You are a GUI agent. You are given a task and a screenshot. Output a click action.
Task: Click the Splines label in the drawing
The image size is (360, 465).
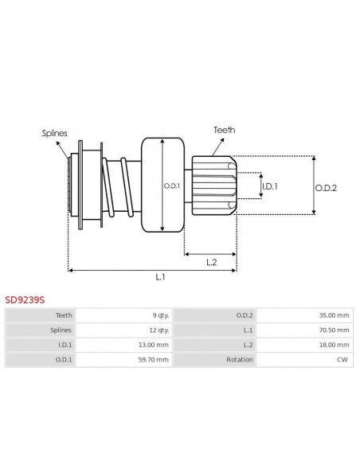pyautogui.click(x=54, y=133)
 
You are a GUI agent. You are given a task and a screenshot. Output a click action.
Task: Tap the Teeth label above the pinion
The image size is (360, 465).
pyautogui.click(x=224, y=129)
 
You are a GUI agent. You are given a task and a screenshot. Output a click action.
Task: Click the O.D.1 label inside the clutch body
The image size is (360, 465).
pyautogui.click(x=173, y=186)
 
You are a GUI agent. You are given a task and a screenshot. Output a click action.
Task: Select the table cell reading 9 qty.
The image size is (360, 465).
pyautogui.click(x=158, y=315)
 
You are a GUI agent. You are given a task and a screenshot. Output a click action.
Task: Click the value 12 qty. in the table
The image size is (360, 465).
pyautogui.click(x=157, y=330)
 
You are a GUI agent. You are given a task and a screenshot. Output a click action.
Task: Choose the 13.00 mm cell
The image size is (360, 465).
pyautogui.click(x=155, y=345)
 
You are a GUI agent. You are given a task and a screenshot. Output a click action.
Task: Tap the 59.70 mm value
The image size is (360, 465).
pyautogui.click(x=155, y=360)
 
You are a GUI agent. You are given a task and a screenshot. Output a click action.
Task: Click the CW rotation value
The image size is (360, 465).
pyautogui.click(x=343, y=360)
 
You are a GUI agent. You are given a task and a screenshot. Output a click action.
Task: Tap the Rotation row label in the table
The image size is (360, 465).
pyautogui.click(x=240, y=360)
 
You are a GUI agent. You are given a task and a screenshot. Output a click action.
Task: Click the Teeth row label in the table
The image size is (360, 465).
pyautogui.click(x=64, y=315)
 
